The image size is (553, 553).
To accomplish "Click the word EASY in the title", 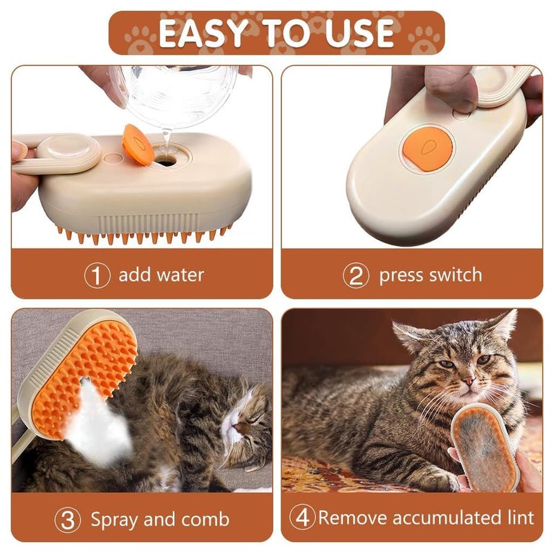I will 200,32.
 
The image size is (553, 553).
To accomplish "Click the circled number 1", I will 97,275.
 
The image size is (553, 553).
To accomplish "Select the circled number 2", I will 356,275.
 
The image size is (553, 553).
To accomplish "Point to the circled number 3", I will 67,519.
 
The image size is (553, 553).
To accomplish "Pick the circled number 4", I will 302,518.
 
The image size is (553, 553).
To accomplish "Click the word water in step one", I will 180,275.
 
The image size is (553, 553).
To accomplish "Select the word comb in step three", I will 205,519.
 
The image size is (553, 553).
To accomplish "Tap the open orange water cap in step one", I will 138,144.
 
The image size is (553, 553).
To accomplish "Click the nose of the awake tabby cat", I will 467,380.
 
